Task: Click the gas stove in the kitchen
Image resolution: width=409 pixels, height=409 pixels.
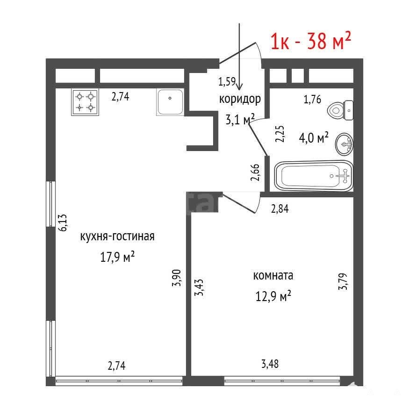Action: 85,102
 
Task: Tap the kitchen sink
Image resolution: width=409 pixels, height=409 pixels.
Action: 170,102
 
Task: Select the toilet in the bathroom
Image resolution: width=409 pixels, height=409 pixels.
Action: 340,110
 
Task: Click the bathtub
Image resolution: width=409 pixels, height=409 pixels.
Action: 314,176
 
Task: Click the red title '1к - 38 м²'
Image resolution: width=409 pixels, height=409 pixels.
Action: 311,41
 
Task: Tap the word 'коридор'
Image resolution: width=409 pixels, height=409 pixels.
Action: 240,99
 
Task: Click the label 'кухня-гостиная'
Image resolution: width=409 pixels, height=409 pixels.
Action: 117,237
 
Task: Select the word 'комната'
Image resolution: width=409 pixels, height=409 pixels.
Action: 273,275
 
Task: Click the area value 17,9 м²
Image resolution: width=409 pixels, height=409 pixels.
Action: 117,257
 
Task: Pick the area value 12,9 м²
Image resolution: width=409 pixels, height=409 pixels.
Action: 273,296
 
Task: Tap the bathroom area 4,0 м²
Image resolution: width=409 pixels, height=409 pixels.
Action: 314,138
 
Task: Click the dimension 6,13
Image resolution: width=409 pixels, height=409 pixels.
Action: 63,222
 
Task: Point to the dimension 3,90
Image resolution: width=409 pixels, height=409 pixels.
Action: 177,278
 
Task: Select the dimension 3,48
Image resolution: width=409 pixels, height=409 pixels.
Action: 270,364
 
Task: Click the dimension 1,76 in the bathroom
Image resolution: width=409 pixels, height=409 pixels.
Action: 312,100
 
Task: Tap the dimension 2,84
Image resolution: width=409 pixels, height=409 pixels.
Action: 280,208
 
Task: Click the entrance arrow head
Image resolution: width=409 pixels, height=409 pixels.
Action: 239,87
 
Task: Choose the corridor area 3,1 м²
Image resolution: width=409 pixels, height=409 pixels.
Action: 240,120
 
